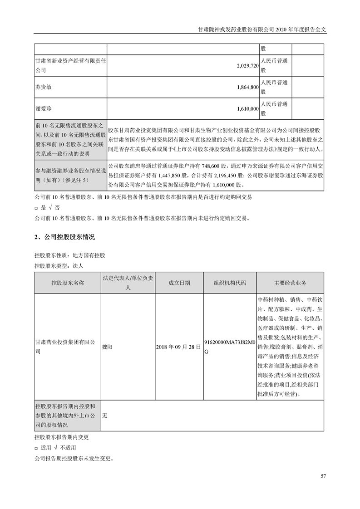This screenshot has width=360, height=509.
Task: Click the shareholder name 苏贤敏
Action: [x=44, y=87]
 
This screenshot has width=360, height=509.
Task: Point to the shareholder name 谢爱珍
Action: [x=44, y=109]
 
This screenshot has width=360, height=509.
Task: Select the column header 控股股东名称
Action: [x=68, y=283]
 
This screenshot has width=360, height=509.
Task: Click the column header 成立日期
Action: [x=179, y=283]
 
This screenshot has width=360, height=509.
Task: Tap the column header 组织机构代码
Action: [x=230, y=283]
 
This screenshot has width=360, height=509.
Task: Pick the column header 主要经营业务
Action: [x=290, y=283]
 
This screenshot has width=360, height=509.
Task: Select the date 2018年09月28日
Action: [x=178, y=347]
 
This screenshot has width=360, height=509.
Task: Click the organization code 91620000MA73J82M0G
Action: [x=230, y=347]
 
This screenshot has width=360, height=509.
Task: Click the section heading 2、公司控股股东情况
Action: [x=64, y=237]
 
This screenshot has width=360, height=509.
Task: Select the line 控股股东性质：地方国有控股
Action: [x=69, y=256]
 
